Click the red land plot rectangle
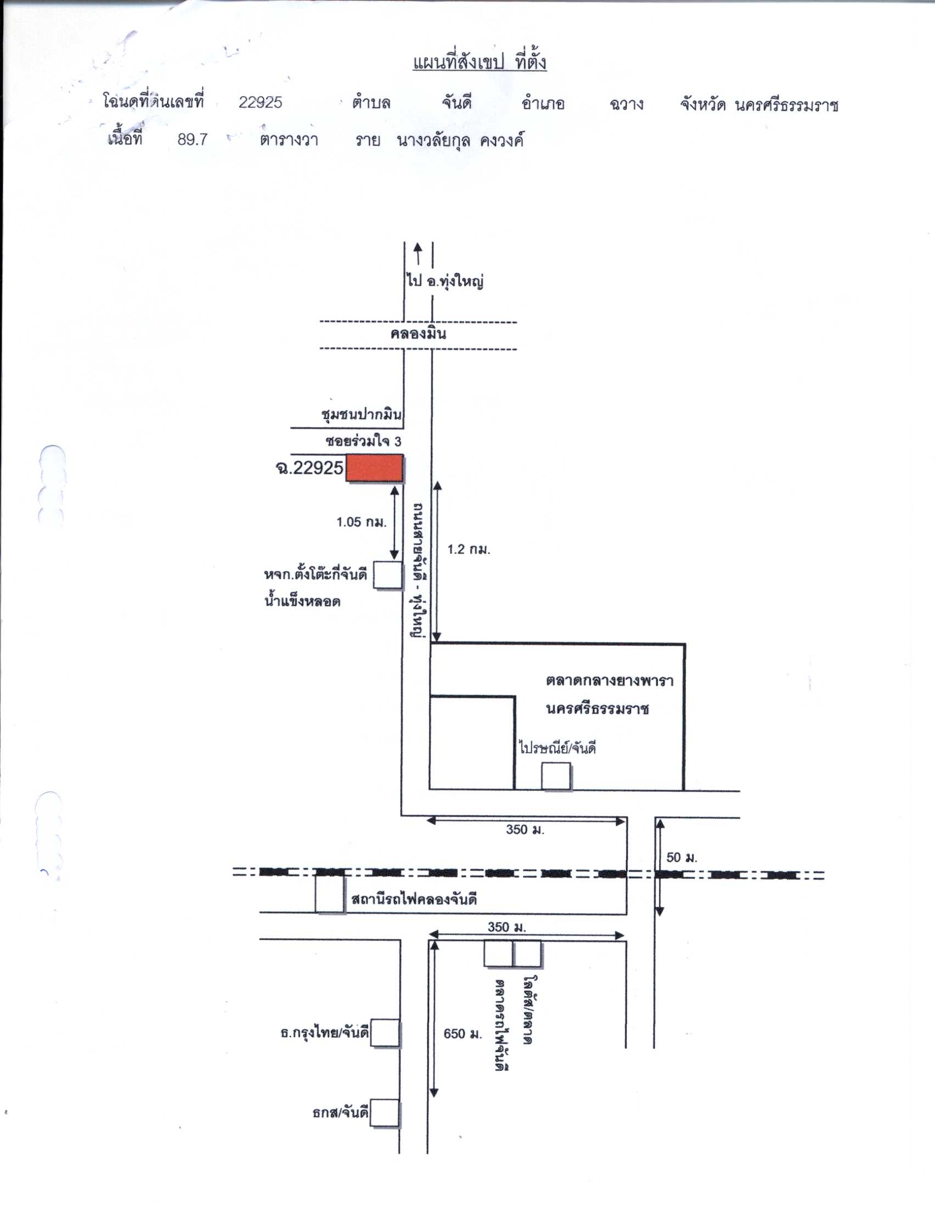coord(375,468)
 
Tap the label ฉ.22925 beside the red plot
coord(309,468)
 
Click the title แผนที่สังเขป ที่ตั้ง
coord(479,62)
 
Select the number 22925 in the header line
coord(260,102)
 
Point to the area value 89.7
coord(192,139)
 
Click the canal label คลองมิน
coord(418,334)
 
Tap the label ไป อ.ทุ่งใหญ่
coord(446,281)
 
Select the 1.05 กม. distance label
coord(362,522)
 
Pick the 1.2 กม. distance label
coord(469,549)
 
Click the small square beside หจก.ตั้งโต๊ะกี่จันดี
coord(388,576)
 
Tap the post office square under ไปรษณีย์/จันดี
coord(555,776)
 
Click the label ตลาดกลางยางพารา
coord(610,680)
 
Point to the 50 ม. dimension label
coord(682,858)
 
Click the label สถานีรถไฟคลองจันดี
coord(414,899)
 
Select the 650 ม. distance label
coord(463,1034)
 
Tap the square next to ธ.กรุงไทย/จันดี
coord(385,1033)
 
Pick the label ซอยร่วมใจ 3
coord(364,442)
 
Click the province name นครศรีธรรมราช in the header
coord(786,104)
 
